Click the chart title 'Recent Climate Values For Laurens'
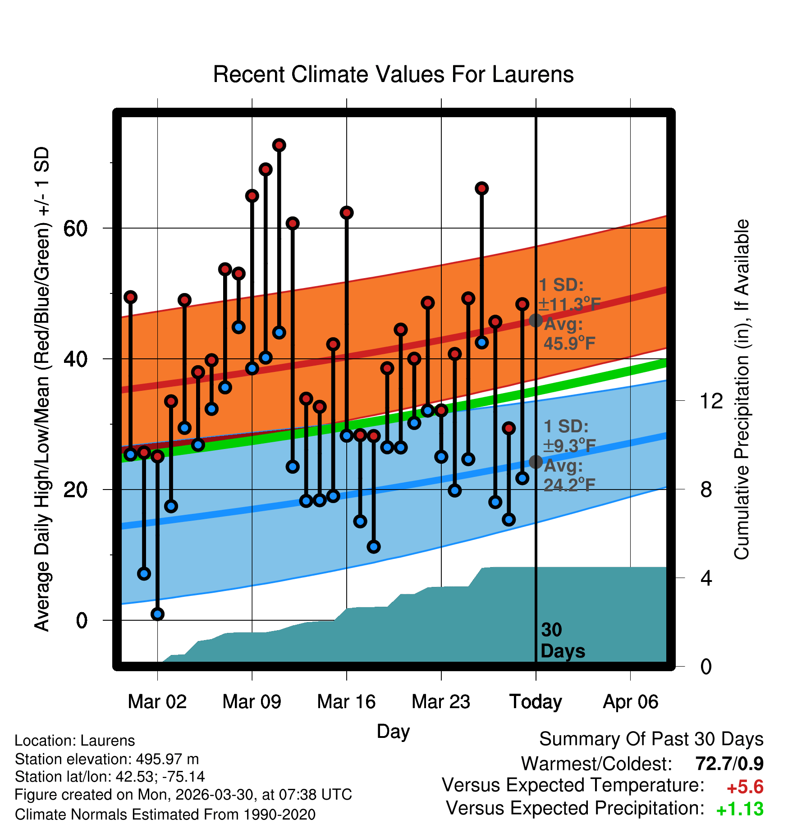[x=393, y=74]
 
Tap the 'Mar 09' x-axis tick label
[x=252, y=702]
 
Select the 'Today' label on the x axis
[x=536, y=702]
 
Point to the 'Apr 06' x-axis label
[x=631, y=702]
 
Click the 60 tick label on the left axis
[x=75, y=229]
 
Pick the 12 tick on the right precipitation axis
[x=711, y=401]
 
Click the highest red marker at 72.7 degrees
[x=279, y=145]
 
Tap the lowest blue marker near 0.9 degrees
[x=157, y=614]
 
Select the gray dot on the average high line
[x=536, y=320]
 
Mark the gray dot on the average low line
[x=536, y=462]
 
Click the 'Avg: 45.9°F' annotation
[x=569, y=334]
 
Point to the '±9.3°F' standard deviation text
[x=569, y=446]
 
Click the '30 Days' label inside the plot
[x=563, y=641]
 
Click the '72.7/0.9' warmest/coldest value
[x=729, y=764]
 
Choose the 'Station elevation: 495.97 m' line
[x=107, y=759]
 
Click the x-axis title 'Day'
[x=393, y=731]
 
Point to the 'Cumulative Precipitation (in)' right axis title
[x=741, y=389]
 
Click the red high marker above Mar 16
[x=346, y=213]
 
